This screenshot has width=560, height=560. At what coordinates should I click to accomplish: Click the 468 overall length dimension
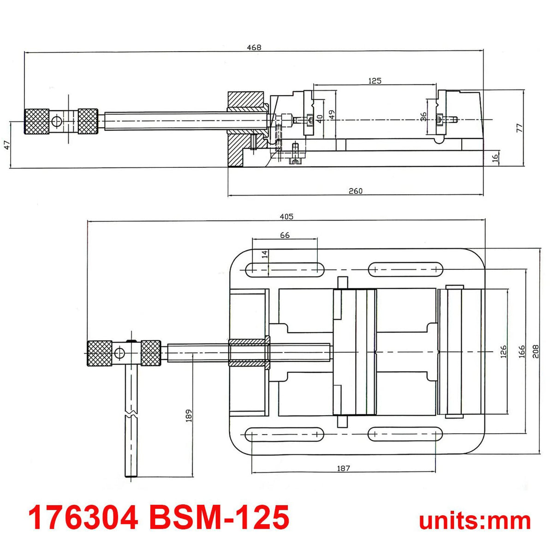pyautogui.click(x=254, y=47)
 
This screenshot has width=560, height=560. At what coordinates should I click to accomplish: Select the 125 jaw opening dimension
pyautogui.click(x=375, y=81)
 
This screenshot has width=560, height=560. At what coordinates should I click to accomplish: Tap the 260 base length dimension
pyautogui.click(x=355, y=191)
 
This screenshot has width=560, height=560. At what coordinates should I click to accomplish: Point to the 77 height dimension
pyautogui.click(x=519, y=128)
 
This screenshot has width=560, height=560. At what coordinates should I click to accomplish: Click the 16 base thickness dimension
pyautogui.click(x=495, y=157)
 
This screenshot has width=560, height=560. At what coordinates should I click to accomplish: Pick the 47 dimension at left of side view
pyautogui.click(x=7, y=145)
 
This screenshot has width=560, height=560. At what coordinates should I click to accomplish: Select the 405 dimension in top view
pyautogui.click(x=286, y=216)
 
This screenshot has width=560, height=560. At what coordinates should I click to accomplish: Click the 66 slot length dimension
pyautogui.click(x=285, y=235)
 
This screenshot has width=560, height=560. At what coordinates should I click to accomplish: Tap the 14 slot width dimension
pyautogui.click(x=264, y=254)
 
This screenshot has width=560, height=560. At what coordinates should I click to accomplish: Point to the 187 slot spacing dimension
pyautogui.click(x=343, y=468)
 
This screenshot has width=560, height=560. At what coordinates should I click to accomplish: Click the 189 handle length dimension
pyautogui.click(x=188, y=415)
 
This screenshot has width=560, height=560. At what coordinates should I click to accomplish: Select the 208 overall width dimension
pyautogui.click(x=536, y=351)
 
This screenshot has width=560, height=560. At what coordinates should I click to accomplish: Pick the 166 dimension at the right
pyautogui.click(x=521, y=351)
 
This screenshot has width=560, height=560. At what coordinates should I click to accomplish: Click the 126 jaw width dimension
pyautogui.click(x=503, y=351)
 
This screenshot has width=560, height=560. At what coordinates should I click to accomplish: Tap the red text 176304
pyautogui.click(x=83, y=517)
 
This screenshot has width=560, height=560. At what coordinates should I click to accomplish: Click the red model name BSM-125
pyautogui.click(x=219, y=517)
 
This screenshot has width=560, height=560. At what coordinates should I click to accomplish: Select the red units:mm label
pyautogui.click(x=475, y=520)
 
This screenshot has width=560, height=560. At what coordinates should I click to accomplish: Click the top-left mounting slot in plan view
pyautogui.click(x=285, y=269)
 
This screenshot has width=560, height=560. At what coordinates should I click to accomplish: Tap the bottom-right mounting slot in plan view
pyautogui.click(x=405, y=434)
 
